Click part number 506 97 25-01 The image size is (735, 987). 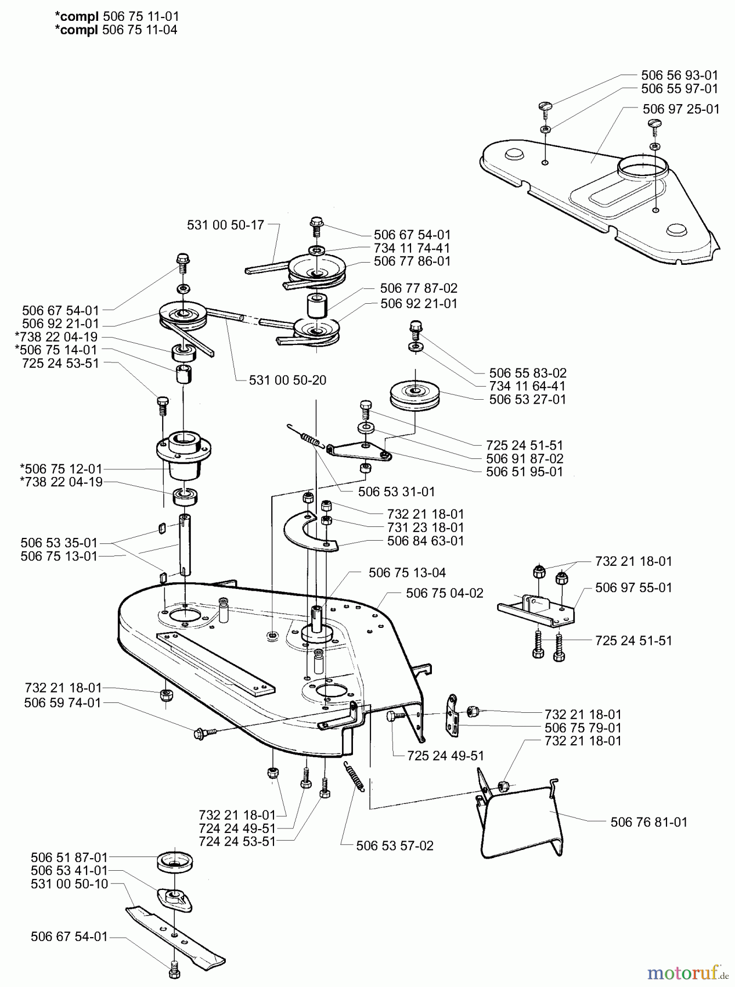681,109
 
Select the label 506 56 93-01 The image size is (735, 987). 680,75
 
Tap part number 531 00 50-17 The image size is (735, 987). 225,225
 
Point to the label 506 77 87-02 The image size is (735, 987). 419,288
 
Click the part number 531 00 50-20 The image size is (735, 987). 287,380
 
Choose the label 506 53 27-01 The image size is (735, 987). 527,399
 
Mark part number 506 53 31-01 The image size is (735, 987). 396,492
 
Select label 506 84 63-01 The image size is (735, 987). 425,541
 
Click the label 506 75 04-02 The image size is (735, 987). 445,593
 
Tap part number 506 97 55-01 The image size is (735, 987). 633,588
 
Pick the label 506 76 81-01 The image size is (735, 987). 648,822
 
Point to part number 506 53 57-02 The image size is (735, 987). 395,846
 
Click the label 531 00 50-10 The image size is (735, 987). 70,884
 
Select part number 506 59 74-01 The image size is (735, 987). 63,703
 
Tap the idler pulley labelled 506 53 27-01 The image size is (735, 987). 415,394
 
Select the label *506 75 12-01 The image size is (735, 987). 61,469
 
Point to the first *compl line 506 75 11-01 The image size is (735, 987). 117,17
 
